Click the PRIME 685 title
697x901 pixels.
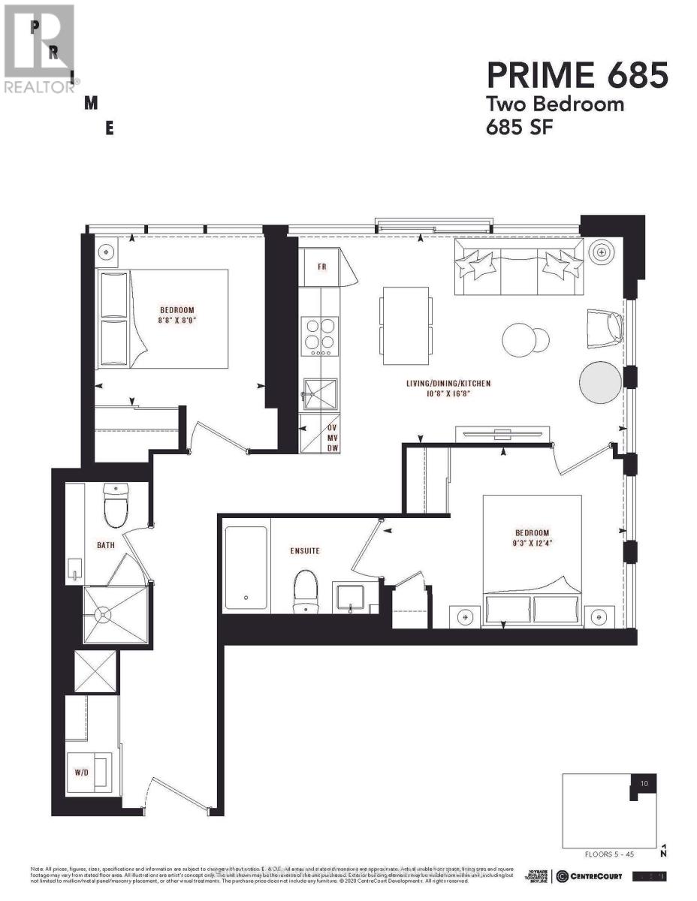point(577,75)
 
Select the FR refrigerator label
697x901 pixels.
point(321,267)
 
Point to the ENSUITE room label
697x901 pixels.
point(304,551)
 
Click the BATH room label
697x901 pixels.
point(105,545)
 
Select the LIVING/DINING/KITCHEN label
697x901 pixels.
point(445,384)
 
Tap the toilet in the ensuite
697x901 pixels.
point(306,590)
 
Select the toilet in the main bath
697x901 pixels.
point(117,506)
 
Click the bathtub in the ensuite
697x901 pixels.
point(246,569)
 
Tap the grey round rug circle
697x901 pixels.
point(602,383)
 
